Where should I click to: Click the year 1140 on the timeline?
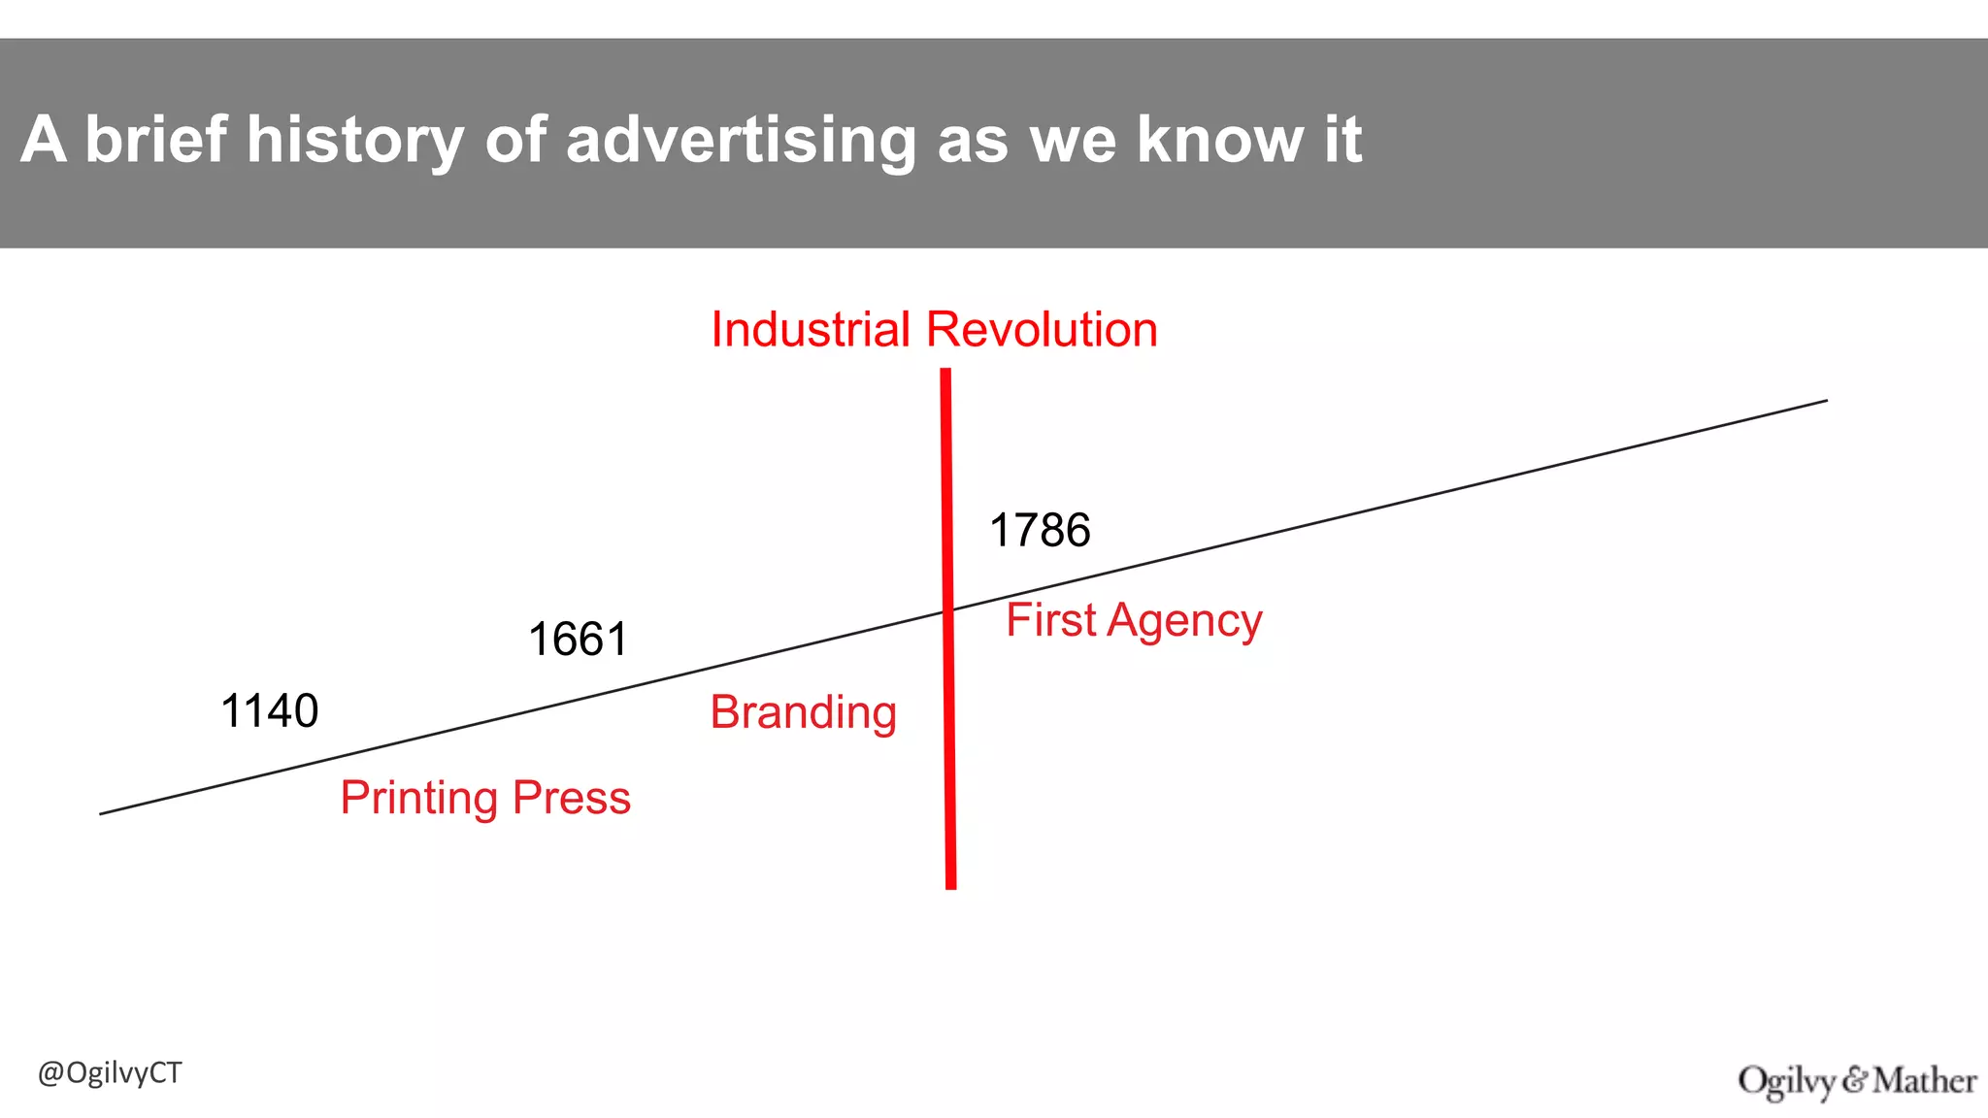coord(269,711)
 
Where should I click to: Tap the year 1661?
coord(578,641)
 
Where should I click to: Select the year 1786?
coord(1040,531)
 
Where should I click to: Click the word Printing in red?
coord(418,799)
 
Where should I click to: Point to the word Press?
coord(572,798)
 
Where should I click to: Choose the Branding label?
coord(803,713)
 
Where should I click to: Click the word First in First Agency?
coord(1050,620)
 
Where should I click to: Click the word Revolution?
coord(1042,330)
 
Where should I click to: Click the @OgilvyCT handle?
coord(110,1073)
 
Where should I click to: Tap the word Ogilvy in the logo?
coord(1787,1081)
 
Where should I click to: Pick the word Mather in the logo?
coord(1925,1080)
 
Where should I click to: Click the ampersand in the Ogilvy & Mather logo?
coord(1855,1080)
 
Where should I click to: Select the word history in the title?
coord(355,140)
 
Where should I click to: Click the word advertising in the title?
coord(741,140)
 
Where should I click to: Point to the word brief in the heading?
coord(156,140)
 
